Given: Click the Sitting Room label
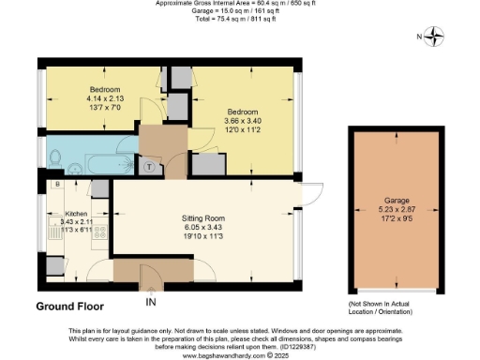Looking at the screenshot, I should coord(202,217).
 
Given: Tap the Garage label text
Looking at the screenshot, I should coord(394,201).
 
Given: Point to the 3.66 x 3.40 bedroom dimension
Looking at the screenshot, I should coord(236,121).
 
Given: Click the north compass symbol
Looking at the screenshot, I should coord(434,38).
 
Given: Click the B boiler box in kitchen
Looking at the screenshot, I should coord(57,185).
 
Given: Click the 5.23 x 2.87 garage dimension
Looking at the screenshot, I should coord(394,210).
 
